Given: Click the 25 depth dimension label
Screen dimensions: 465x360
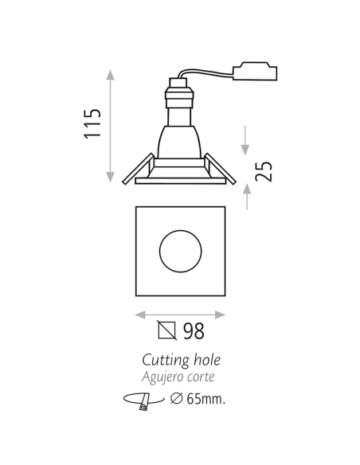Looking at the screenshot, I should (264, 170).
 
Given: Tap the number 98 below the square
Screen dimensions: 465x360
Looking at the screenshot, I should (194, 331).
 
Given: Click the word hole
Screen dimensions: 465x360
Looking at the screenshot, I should (204, 360).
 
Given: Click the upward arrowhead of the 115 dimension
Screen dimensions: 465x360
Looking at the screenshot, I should (111, 75).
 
